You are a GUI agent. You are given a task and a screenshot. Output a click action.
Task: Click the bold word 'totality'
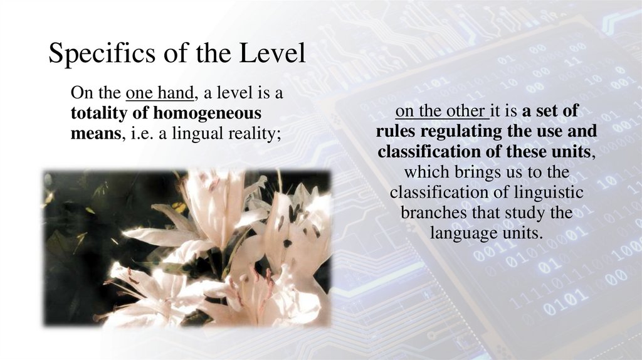click(x=100, y=114)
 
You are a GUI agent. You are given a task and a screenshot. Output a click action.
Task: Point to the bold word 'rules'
click(x=396, y=132)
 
